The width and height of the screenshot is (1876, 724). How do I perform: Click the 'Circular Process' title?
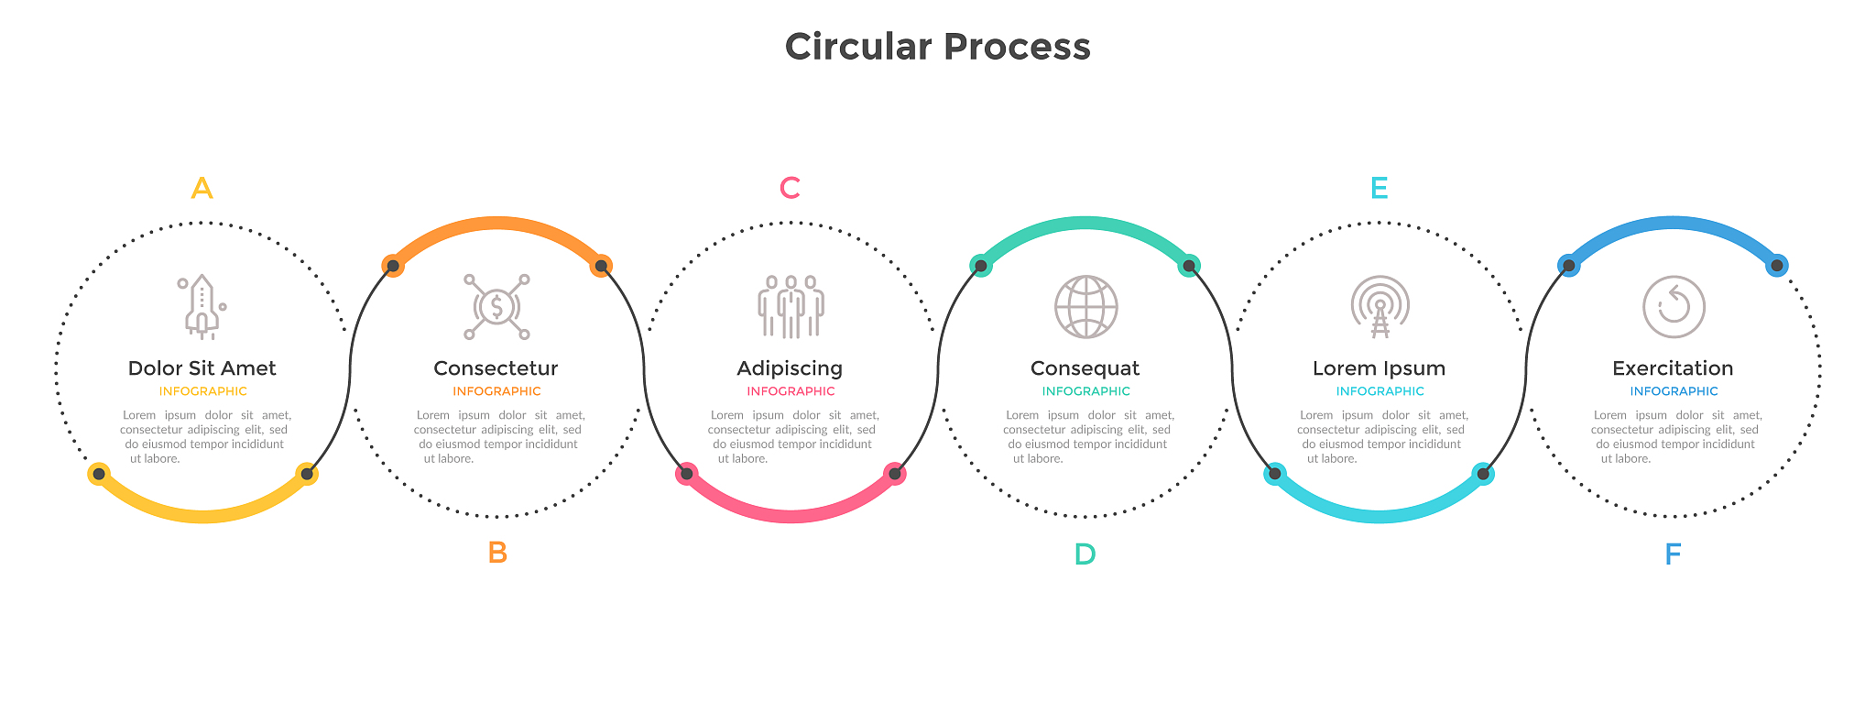937,47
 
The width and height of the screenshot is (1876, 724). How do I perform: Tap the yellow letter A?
202,189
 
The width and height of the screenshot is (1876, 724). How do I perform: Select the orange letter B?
497,553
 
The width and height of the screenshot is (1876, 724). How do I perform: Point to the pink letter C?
790,189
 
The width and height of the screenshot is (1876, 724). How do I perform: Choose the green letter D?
1085,554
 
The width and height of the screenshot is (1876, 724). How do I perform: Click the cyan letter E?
1379,189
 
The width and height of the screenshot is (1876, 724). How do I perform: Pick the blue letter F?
1673,554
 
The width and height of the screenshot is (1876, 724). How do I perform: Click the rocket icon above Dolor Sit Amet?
202,307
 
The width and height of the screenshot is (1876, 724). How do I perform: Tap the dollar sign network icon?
496,307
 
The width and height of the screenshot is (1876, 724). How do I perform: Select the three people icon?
791,307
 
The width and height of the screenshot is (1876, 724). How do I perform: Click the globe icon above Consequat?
1085,307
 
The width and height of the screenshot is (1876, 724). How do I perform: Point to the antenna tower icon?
1380,307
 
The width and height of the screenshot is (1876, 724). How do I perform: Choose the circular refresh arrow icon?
1674,307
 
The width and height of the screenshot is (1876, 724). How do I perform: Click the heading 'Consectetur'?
496,368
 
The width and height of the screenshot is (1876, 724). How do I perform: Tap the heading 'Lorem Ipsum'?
1379,368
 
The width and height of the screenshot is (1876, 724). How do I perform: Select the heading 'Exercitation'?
1673,368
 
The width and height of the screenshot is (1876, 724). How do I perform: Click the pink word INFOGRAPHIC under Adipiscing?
791,391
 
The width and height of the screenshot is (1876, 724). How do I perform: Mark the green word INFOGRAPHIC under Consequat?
1085,391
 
